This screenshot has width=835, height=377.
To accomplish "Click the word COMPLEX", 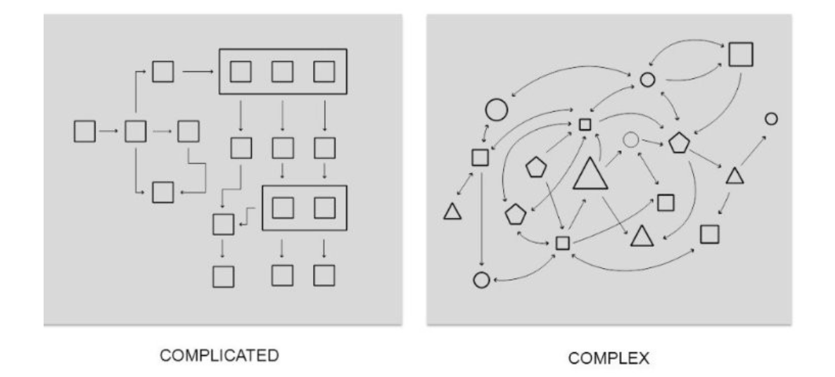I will (x=609, y=359).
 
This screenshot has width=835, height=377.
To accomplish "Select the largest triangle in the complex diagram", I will (x=590, y=174).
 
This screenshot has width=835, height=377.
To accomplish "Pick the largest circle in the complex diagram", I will (x=496, y=109).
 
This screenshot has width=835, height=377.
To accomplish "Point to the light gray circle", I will (x=631, y=140).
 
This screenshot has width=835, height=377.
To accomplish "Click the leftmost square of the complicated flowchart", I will (x=84, y=131).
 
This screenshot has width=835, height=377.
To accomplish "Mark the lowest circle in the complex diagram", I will (x=481, y=280).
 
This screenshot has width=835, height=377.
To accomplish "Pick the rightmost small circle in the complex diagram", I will (x=771, y=119).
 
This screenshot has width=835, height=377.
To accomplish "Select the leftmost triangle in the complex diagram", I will (x=452, y=211).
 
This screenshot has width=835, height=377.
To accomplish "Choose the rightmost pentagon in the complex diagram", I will (x=680, y=143).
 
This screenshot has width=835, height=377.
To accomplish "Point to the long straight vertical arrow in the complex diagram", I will (x=481, y=218).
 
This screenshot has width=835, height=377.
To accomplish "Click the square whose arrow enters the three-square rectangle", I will (x=163, y=71).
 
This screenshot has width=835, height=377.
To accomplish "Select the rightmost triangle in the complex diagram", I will (x=734, y=176).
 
